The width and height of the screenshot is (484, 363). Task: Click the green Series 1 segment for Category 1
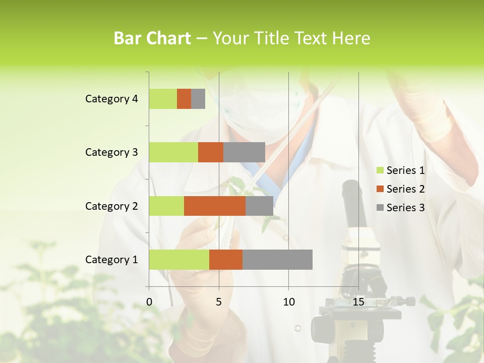pos(179,260)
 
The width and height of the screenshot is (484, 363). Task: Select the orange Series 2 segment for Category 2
pos(215,206)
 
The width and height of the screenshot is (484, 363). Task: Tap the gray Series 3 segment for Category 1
pos(277,260)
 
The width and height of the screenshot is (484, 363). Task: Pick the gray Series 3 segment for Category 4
pos(198,99)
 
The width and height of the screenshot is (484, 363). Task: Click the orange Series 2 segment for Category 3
pos(211,152)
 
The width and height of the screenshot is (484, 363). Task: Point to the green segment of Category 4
pos(163,99)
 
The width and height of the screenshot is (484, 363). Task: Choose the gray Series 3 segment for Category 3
pos(244,152)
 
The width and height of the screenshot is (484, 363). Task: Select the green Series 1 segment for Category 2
pos(166,206)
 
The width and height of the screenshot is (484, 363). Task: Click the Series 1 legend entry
pos(400,170)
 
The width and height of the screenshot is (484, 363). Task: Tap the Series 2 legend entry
pos(400,189)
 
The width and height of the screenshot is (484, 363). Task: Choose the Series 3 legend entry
pos(400,208)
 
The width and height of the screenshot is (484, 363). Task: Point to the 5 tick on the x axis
pos(219,302)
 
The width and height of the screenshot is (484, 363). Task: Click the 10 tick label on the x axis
pos(288,302)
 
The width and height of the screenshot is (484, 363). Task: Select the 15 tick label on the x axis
pos(358,302)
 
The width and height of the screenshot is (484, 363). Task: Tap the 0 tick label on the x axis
pos(149,302)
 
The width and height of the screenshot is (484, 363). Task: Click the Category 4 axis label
pos(111,99)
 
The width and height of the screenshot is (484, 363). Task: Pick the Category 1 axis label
pos(111,260)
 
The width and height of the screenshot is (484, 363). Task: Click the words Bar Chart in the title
pos(152,38)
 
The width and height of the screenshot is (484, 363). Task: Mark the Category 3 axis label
pos(111,152)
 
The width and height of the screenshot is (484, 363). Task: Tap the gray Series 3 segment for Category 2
pos(259,206)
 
